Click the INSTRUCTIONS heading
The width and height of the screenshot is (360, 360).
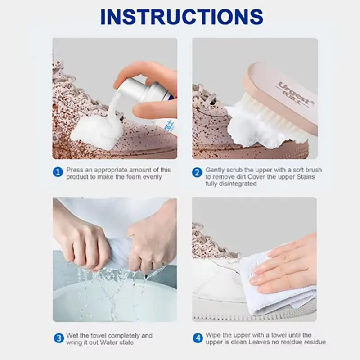182,17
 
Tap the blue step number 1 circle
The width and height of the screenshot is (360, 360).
58,172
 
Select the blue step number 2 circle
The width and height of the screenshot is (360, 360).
197,173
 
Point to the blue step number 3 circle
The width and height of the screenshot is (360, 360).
59,338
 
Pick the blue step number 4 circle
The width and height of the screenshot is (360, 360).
198,338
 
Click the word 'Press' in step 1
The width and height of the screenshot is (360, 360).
75,170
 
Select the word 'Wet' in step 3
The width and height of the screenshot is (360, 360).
72,335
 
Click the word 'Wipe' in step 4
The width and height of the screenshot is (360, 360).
213,335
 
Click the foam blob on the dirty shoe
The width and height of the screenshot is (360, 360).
96,131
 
